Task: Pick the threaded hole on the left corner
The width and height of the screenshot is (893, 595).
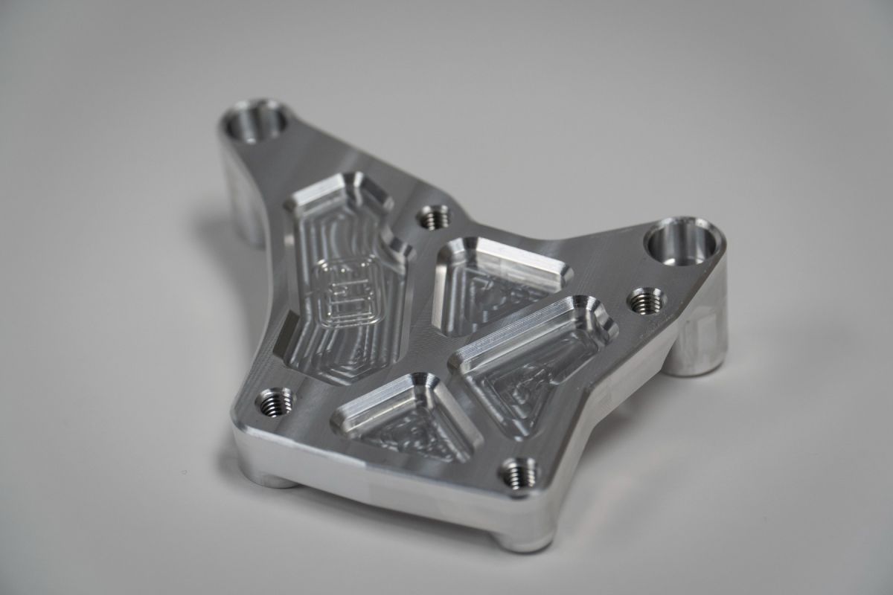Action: [x=274, y=402]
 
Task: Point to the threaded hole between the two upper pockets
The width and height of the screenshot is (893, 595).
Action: [x=434, y=217]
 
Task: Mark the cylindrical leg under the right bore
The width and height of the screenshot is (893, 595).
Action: [x=696, y=342]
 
